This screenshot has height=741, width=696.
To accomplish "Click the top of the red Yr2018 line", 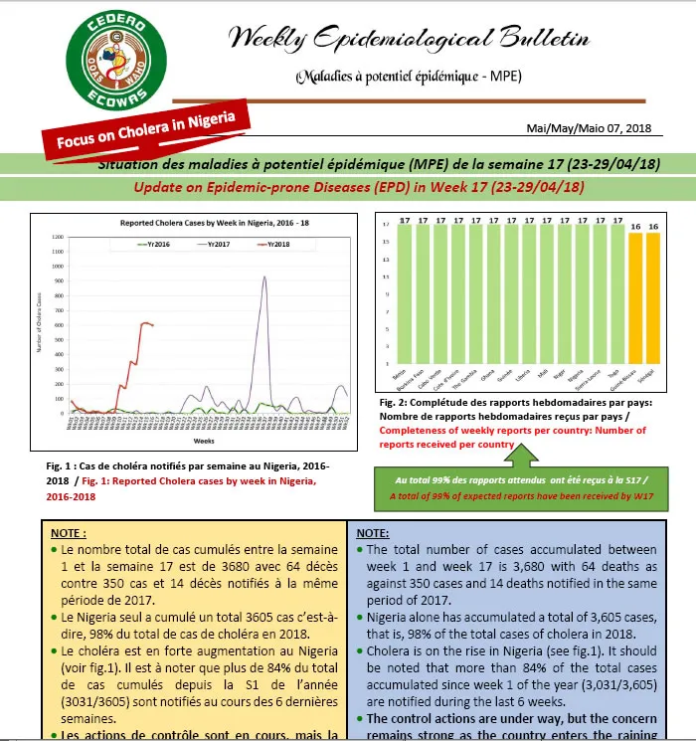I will [x=145, y=322].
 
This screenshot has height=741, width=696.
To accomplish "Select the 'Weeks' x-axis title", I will [x=205, y=439].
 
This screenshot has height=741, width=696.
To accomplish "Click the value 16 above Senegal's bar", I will [x=653, y=226].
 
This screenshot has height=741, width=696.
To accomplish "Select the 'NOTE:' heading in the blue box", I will [x=372, y=533].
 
